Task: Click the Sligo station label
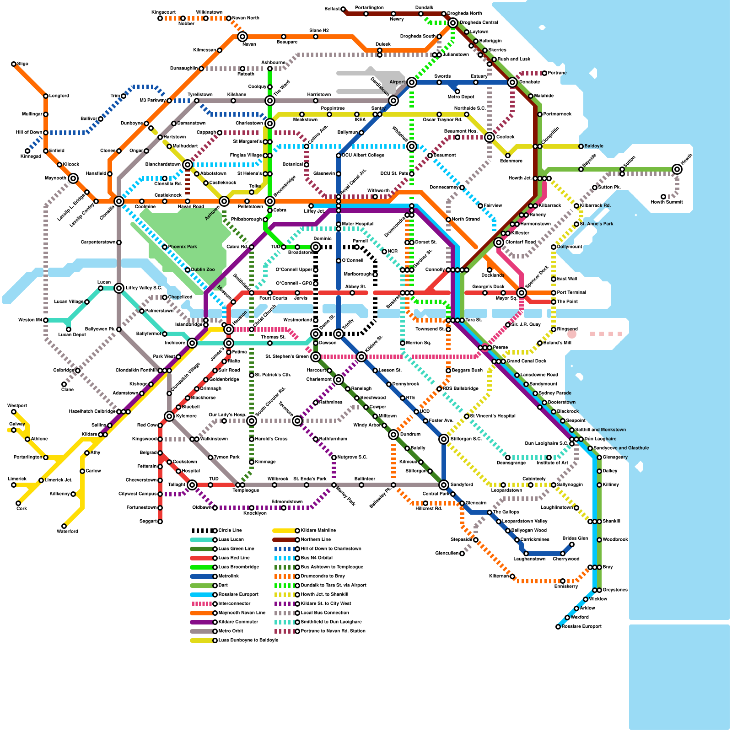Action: [22, 64]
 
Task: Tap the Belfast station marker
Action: [343, 9]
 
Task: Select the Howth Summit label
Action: [667, 202]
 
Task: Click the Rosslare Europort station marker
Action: [558, 627]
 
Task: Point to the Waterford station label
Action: [67, 531]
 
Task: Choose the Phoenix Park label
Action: [183, 247]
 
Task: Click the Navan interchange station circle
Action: [242, 37]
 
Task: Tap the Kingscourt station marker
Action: [160, 18]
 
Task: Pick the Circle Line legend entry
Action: [217, 530]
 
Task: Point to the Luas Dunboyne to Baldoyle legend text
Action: [248, 640]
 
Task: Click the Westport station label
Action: [17, 405]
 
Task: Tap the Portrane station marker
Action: [544, 73]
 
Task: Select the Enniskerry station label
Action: [566, 586]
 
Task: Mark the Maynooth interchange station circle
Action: [73, 178]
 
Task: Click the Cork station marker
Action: [18, 503]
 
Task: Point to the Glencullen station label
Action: [447, 553]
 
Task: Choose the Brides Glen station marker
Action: [572, 544]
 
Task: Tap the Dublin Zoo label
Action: [203, 269]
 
